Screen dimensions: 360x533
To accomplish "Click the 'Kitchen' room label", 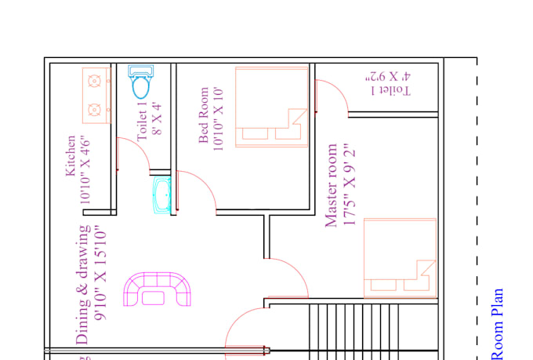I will pos(71,157).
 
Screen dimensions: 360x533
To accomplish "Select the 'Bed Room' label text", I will pos(204,115).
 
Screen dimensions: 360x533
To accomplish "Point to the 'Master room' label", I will pos(332,185).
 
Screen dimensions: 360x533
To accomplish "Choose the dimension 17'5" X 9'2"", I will pos(349,185).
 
